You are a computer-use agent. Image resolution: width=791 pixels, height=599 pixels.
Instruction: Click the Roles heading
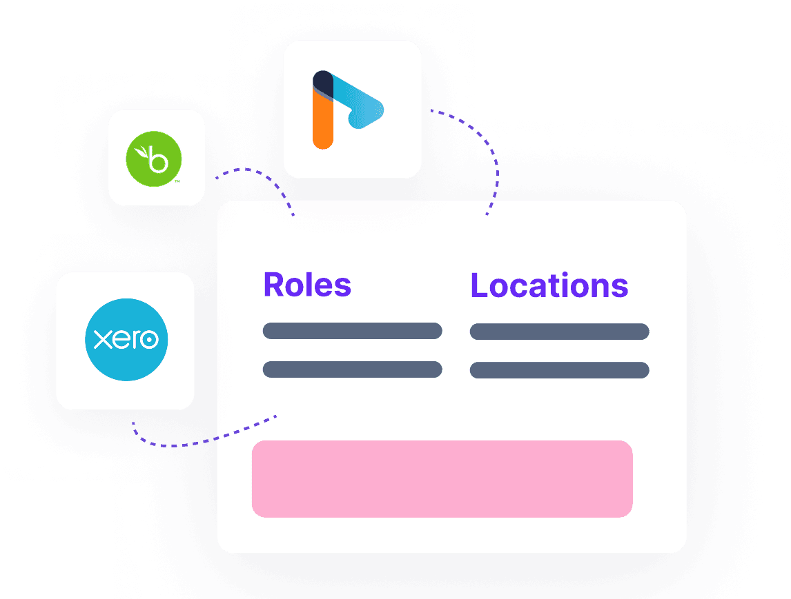pos(307,285)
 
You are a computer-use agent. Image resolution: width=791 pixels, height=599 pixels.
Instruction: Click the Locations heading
pos(549,285)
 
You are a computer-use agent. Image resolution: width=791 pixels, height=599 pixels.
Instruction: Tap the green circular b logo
pos(154,159)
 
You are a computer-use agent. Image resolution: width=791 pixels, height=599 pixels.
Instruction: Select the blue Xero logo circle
pos(126,340)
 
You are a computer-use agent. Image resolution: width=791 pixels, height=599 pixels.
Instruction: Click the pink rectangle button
pos(442,479)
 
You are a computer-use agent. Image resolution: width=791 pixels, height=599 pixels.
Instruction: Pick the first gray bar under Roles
pos(353,331)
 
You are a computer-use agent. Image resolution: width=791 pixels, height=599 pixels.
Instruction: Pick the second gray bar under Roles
pos(353,369)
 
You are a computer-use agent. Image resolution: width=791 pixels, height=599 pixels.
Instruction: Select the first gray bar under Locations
pos(560,332)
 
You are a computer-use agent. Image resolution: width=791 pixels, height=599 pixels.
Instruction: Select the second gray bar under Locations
pos(560,370)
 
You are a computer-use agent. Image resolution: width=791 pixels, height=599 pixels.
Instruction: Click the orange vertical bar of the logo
pos(323,121)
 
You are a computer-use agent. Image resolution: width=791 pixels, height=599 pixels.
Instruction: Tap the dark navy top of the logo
pos(323,83)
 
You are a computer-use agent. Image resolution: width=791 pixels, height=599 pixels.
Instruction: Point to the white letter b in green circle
pos(158,159)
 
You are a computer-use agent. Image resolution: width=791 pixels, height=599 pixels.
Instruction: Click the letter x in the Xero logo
pos(103,340)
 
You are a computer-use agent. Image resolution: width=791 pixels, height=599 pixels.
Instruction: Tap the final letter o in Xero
pos(149,340)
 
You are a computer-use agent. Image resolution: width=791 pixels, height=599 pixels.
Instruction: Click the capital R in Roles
pos(273,285)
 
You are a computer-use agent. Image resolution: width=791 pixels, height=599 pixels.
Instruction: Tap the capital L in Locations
pos(480,285)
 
